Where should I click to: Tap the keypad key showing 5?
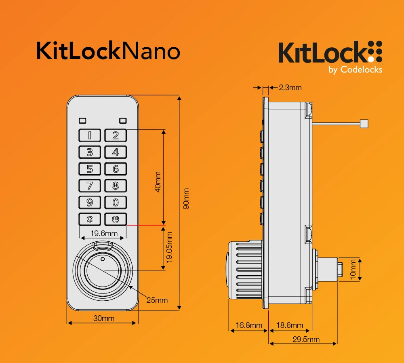(90, 169)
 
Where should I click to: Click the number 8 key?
(116, 186)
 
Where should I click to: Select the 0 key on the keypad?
(116, 203)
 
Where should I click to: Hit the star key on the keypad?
(90, 219)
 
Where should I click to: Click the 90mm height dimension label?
(186, 198)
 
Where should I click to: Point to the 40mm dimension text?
(158, 182)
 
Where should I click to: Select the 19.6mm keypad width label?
(104, 233)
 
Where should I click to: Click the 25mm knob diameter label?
(157, 300)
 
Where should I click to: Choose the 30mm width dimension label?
(104, 319)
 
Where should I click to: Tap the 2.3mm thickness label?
(290, 88)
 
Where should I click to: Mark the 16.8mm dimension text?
(249, 325)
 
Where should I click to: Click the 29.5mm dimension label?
(306, 339)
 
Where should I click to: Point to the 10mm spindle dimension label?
(353, 269)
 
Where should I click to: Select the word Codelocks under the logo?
(361, 70)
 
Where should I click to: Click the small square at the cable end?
(364, 124)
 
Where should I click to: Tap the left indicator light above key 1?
(82, 120)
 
